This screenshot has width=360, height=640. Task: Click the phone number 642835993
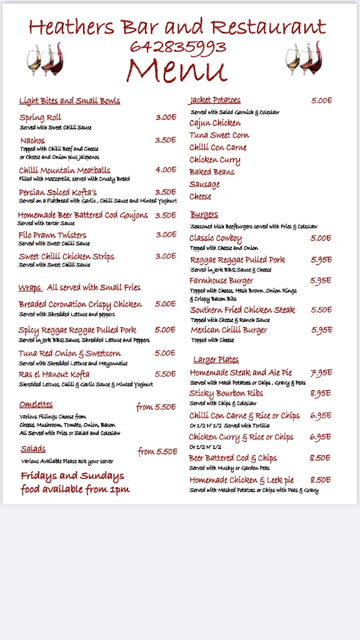pos(178,47)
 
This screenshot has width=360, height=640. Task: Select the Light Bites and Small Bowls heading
pos(69,101)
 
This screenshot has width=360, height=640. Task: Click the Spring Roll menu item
pos(40,117)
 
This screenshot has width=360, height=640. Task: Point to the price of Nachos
pos(166,140)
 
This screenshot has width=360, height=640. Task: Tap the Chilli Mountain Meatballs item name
pos(64,170)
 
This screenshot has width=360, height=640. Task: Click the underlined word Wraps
pos(29,287)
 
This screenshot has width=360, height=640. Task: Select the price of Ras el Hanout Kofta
pos(166,374)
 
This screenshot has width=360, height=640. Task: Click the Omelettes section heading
pos(36,404)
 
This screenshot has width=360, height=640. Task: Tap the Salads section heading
pos(32,449)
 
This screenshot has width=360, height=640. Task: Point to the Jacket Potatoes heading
pos(215,100)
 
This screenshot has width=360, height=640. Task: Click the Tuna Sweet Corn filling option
pos(219,135)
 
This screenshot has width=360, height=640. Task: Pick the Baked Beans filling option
pos(212,172)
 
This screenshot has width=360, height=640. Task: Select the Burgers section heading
pos(204,214)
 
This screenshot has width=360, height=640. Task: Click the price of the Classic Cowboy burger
pos(321,238)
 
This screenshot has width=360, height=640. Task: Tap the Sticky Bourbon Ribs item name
pos(226,394)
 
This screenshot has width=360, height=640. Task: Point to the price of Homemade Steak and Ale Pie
pos(321,373)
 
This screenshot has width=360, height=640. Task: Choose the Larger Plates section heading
pos(216,359)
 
